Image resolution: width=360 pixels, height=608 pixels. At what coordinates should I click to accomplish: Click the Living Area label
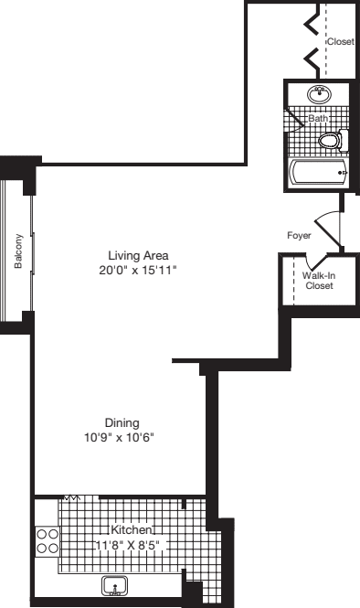(x=139, y=255)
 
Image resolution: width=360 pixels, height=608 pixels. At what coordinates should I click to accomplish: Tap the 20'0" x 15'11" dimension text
(x=139, y=270)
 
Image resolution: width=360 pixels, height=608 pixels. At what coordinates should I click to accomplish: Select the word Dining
(x=122, y=422)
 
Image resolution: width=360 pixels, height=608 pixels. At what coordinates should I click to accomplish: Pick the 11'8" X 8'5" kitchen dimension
(x=131, y=545)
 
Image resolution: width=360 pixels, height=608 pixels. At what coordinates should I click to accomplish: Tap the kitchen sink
(x=114, y=584)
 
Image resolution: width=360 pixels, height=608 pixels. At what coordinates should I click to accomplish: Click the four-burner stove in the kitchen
(x=48, y=541)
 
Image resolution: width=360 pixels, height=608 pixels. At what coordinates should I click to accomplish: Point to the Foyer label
(x=299, y=235)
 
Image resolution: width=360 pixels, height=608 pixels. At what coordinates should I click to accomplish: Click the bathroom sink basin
(x=320, y=94)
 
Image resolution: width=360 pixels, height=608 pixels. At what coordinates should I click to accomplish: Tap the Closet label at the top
(x=341, y=41)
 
